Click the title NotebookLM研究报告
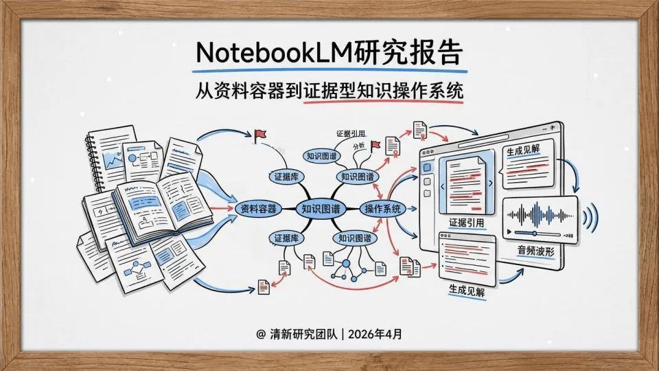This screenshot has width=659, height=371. pos(329,52)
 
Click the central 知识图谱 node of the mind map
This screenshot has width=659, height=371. pos(321,208)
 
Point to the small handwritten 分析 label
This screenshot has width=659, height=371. pos(358,146)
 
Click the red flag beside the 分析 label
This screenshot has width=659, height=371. pos(375,146)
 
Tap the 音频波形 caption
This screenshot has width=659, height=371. pos(537,252)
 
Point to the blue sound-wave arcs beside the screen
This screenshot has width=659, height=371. pos(588,218)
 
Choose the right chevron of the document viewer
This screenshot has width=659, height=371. pos(494,186)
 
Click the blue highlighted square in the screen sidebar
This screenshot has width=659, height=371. pos(427,168)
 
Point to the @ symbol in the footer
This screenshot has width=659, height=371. pos(260,334)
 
